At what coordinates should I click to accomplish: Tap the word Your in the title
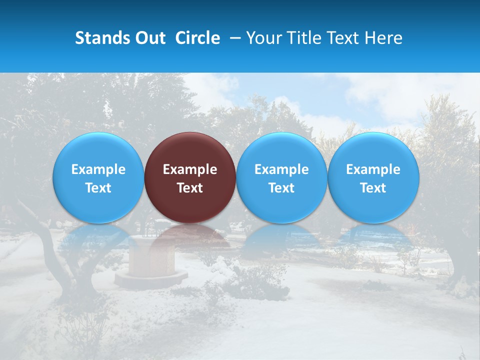pyautogui.click(x=262, y=38)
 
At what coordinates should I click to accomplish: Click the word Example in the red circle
pyautogui.click(x=190, y=169)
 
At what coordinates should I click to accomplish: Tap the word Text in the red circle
pyautogui.click(x=190, y=188)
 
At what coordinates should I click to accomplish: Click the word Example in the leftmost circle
pyautogui.click(x=98, y=169)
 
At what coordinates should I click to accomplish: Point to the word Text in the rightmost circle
pyautogui.click(x=373, y=188)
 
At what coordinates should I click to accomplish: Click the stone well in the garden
pyautogui.click(x=150, y=257)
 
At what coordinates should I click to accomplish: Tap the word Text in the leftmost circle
pyautogui.click(x=98, y=188)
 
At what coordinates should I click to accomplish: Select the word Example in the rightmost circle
pyautogui.click(x=373, y=169)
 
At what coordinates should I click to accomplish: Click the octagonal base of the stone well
pyautogui.click(x=150, y=279)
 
